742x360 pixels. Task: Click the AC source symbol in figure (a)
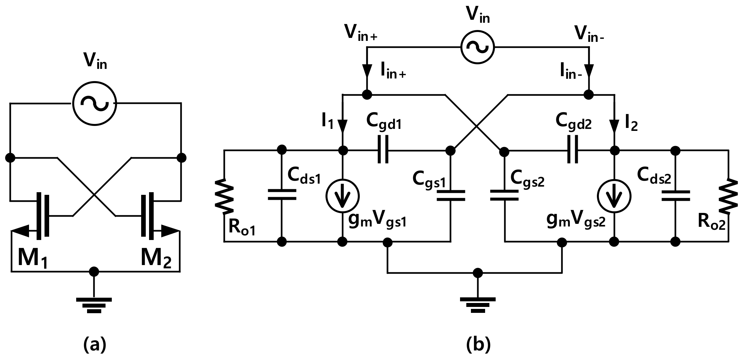point(94,104)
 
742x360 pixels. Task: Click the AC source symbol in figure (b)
point(478,47)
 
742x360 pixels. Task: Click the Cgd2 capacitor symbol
point(573,151)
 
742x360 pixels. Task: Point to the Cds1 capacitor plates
point(282,195)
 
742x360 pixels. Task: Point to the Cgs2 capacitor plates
point(504,195)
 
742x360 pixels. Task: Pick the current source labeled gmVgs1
point(343,196)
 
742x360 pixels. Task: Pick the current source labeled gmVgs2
point(614,196)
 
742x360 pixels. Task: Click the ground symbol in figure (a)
point(94,304)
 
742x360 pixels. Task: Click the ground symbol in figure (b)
point(478,304)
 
